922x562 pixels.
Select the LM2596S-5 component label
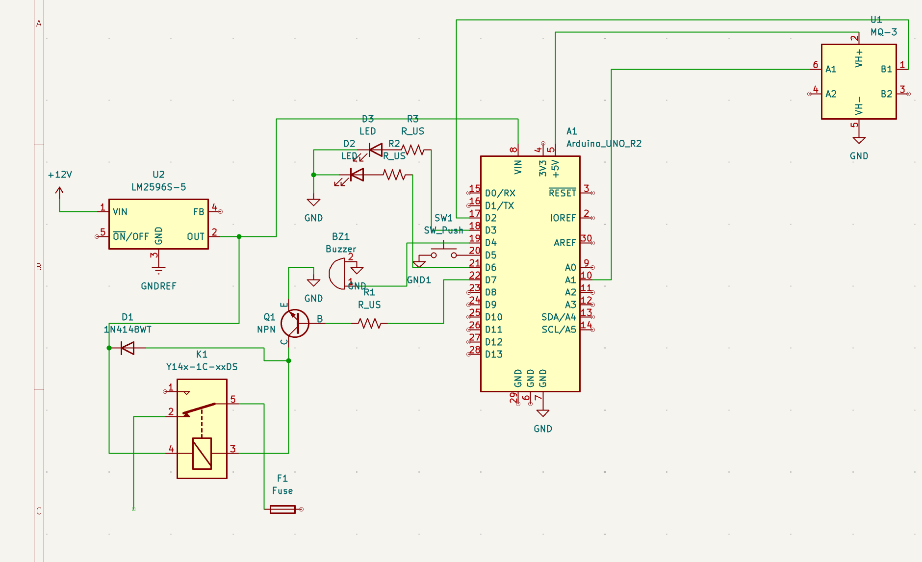coord(158,187)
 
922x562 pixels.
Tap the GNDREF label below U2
coord(158,286)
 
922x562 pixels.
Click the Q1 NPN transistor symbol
coord(295,323)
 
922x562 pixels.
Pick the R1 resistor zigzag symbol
coord(370,323)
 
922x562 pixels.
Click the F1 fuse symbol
coord(283,510)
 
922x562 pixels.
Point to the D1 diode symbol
coord(128,348)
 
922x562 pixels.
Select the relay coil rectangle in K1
coord(202,453)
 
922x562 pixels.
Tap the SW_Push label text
coord(443,230)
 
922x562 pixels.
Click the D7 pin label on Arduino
coord(491,280)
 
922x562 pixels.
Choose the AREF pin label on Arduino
coord(564,243)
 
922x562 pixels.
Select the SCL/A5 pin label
coord(559,330)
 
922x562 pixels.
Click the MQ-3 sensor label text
coord(884,32)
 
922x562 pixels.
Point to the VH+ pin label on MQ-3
coord(859,58)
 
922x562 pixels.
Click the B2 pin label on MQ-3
coord(886,94)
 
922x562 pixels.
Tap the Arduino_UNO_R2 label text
coord(604,144)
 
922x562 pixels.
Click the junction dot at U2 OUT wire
coord(239,236)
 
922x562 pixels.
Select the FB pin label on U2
coord(198,212)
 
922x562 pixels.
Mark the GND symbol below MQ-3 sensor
coord(859,141)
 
